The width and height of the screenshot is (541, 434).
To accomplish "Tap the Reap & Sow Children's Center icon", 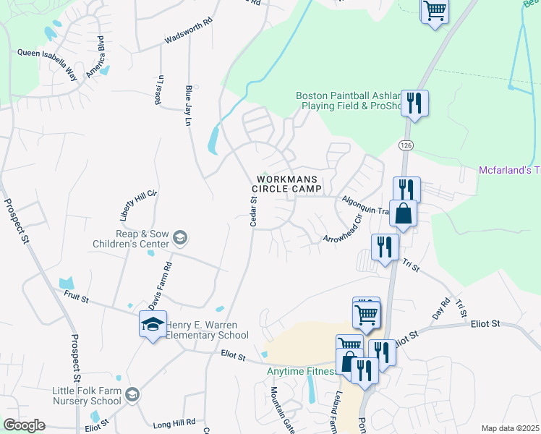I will point(180,237).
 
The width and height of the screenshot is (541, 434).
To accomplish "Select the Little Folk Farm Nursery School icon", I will point(132,394).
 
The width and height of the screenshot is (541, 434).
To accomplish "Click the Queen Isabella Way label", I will point(47,53).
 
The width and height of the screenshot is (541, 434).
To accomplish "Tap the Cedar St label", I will point(254,211).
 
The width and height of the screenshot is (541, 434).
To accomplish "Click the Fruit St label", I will point(74,298).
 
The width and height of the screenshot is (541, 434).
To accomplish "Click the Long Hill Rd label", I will point(174,422).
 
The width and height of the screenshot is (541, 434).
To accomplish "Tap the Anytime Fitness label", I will point(302,372).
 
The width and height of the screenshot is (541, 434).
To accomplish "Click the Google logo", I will point(24,425).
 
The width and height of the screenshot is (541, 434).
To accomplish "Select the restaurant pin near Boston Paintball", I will point(414,103).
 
